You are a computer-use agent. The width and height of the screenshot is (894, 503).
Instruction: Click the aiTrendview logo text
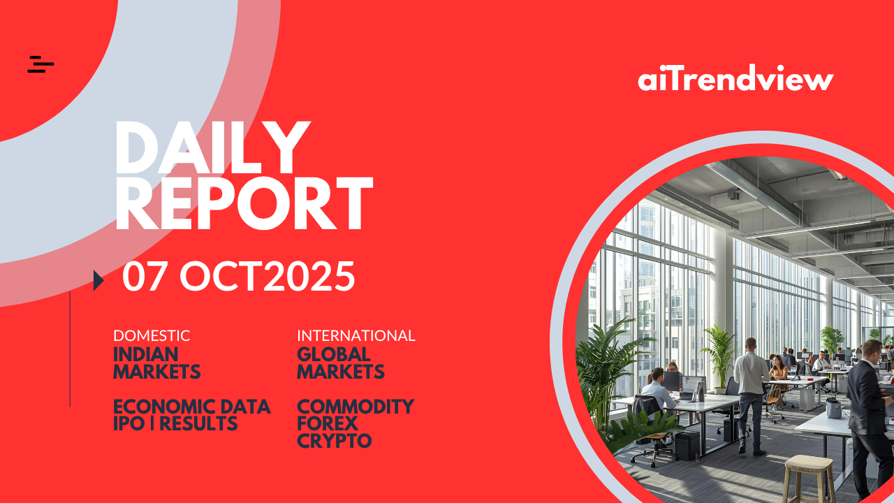pos(735,78)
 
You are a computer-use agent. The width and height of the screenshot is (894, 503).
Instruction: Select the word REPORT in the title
pos(244,203)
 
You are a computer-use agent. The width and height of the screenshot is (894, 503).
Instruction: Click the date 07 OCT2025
pos(238,276)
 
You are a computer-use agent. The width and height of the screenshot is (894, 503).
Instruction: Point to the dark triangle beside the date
pos(98,280)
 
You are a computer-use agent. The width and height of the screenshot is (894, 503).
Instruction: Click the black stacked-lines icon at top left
pos(41,64)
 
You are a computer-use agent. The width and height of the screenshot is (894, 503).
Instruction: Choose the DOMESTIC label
pos(152,336)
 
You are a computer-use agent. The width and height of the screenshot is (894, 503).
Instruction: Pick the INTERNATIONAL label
pos(356,336)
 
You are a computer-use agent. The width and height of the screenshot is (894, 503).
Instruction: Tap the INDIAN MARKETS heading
pos(157,363)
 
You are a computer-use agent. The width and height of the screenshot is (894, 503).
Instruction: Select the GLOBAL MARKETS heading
pos(341,363)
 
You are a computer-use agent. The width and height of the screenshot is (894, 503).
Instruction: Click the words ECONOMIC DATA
pos(192,407)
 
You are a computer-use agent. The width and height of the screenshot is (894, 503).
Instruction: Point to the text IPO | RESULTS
pos(175,423)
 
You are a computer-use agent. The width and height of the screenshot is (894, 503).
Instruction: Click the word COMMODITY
pos(356,407)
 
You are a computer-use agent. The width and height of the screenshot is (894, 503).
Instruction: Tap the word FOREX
pos(328,423)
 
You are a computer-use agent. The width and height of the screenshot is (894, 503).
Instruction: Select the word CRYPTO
pos(335,441)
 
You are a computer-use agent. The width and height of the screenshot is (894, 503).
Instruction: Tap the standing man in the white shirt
pos(752,396)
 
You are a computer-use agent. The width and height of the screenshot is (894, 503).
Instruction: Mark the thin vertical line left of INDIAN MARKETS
pos(70,349)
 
